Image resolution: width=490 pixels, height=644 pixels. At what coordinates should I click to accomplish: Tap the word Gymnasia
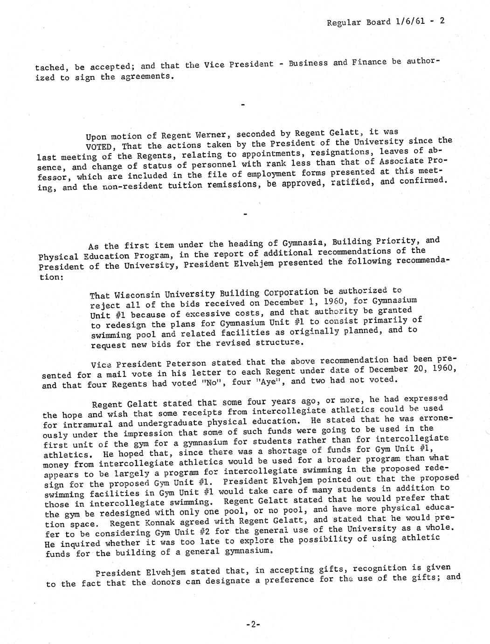click(299, 243)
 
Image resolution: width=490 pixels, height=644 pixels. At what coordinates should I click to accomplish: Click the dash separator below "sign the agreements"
click(243, 105)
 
